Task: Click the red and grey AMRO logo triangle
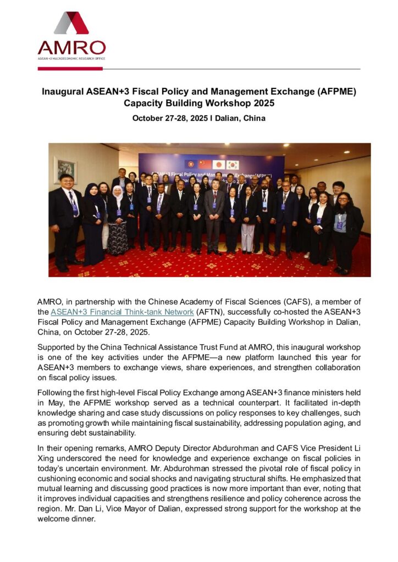[x=71, y=23]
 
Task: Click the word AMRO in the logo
[x=71, y=47]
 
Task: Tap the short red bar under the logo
[x=62, y=69]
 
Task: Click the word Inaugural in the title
[x=64, y=92]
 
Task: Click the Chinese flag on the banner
[x=205, y=164]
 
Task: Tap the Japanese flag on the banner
[x=219, y=164]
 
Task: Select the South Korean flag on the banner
[x=233, y=165]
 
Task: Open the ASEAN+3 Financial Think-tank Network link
[x=122, y=312]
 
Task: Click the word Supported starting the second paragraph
[x=58, y=347]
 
